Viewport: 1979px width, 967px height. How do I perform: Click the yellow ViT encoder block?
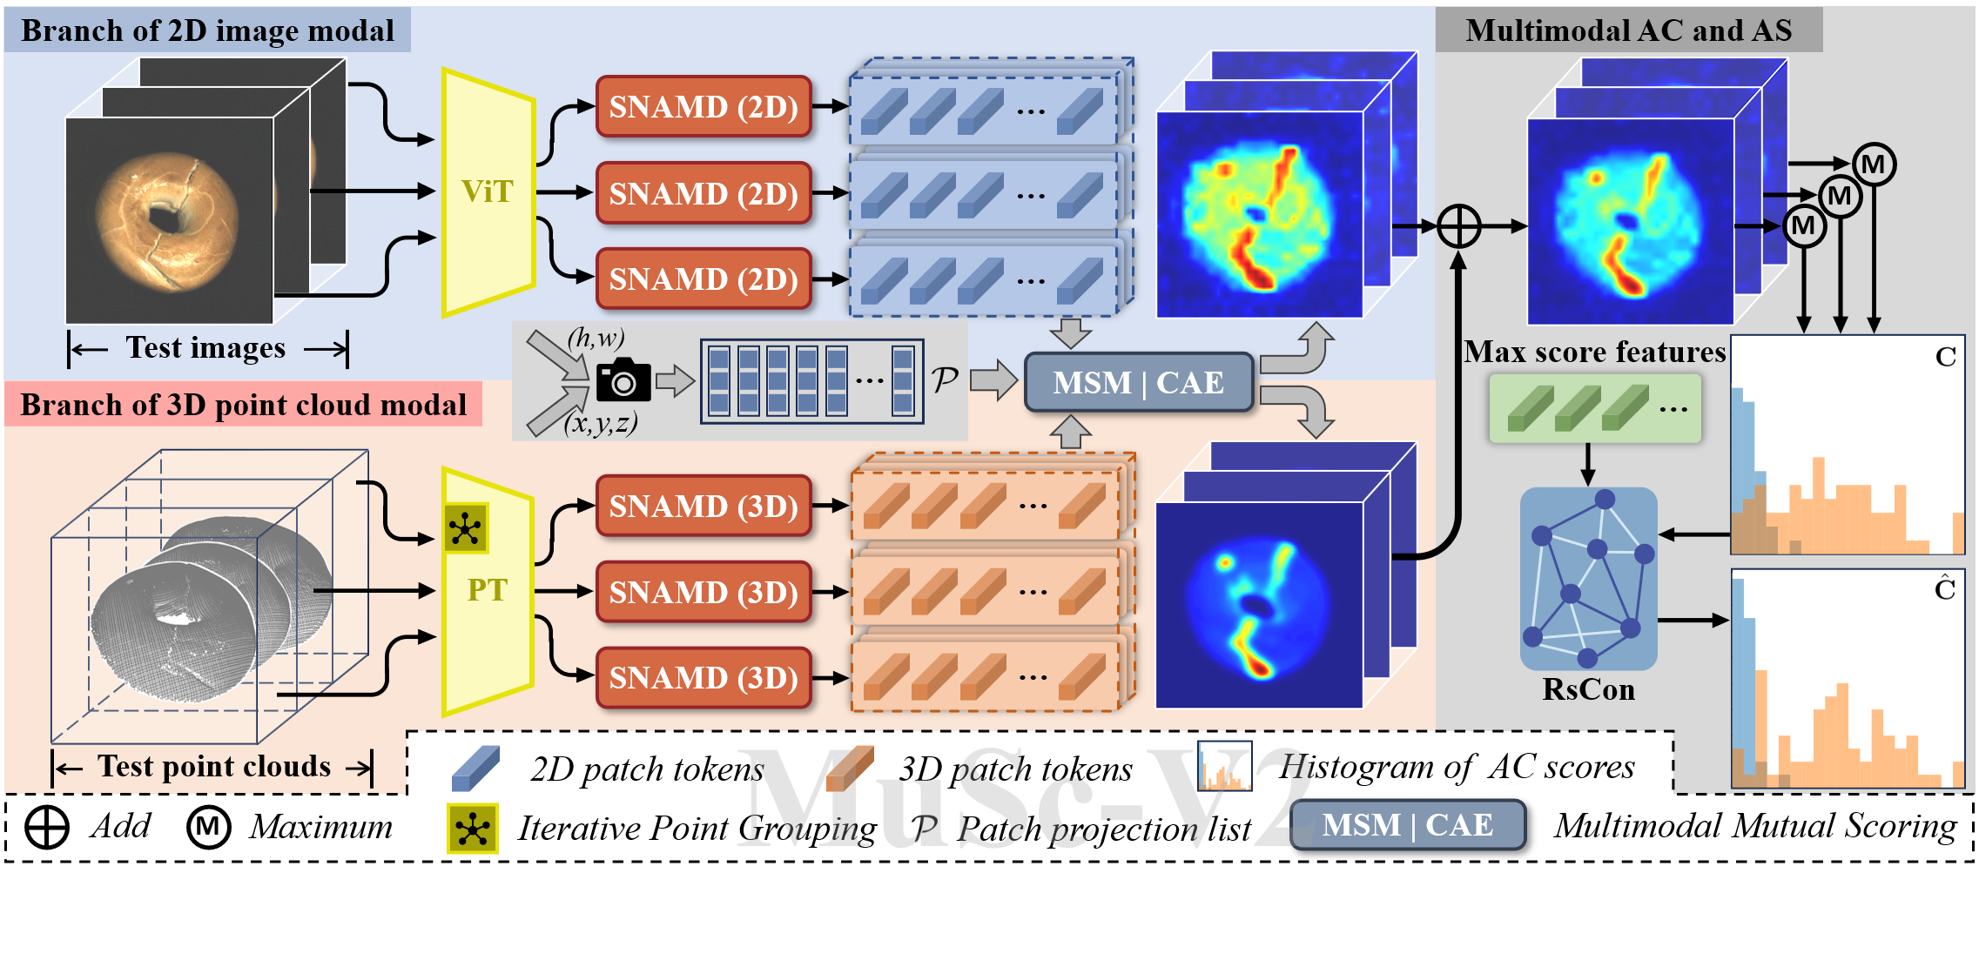pyautogui.click(x=488, y=191)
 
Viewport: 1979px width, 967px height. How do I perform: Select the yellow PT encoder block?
pyautogui.click(x=487, y=591)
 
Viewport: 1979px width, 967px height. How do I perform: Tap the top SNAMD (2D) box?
pyautogui.click(x=703, y=107)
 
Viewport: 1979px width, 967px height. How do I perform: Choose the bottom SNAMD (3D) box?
pyautogui.click(x=703, y=678)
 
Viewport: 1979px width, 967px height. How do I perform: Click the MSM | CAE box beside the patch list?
pyautogui.click(x=1138, y=383)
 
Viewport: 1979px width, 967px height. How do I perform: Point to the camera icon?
pyautogui.click(x=623, y=379)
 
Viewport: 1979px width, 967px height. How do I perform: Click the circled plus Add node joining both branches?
pyautogui.click(x=1459, y=226)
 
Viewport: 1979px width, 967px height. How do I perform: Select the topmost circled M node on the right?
pyautogui.click(x=1874, y=165)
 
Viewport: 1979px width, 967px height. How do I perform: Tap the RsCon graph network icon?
pyautogui.click(x=1588, y=579)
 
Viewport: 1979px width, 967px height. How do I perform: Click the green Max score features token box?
pyautogui.click(x=1595, y=408)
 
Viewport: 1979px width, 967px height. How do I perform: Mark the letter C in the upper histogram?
pyautogui.click(x=1945, y=357)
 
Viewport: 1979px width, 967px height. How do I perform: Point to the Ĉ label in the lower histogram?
pyautogui.click(x=1945, y=589)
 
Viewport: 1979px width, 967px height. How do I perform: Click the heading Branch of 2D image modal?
pyautogui.click(x=207, y=30)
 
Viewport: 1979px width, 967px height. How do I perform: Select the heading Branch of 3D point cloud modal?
pyautogui.click(x=243, y=405)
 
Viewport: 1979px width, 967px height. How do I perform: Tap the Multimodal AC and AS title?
pyautogui.click(x=1628, y=30)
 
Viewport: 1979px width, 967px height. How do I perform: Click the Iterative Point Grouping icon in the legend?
pyautogui.click(x=472, y=828)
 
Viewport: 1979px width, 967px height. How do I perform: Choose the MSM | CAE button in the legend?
pyautogui.click(x=1407, y=825)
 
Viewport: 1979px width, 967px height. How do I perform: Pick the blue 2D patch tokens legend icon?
pyautogui.click(x=475, y=769)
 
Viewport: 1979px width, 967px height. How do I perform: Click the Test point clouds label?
pyautogui.click(x=213, y=767)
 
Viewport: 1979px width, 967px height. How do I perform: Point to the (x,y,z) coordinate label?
pyautogui.click(x=600, y=424)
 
